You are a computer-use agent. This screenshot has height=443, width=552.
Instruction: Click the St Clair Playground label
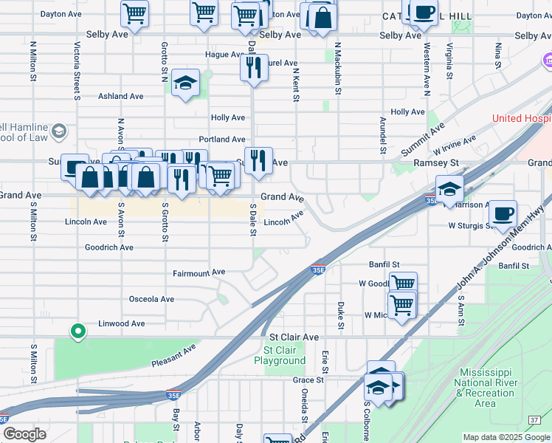coord(280,355)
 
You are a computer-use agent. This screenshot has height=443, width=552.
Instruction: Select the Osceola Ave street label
coord(151,299)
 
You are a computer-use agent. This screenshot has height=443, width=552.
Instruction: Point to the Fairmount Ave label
coord(199,272)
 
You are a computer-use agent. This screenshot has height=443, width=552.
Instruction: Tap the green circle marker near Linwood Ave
coord(77,332)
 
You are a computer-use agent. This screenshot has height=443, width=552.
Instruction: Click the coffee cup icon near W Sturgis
coord(503,213)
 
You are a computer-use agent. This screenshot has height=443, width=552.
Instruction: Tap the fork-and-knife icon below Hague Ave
coord(252,68)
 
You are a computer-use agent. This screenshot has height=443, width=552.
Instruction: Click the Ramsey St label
coord(436,162)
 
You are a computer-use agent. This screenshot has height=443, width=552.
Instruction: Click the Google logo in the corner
coord(25,434)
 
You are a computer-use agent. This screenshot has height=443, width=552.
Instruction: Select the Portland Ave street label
coord(222,140)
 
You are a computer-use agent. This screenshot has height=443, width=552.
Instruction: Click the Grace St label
coord(308,380)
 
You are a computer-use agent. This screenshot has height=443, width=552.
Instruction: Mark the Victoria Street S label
coord(77,71)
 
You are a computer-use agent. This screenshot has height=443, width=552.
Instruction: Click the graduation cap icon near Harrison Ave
coord(449,188)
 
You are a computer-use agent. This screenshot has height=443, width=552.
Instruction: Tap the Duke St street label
coord(340,315)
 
